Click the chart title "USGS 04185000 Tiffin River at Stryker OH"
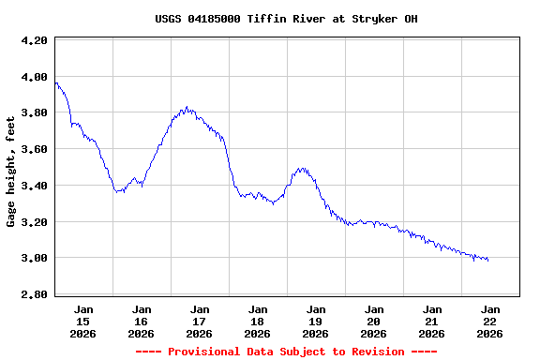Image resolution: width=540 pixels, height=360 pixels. point(274,19)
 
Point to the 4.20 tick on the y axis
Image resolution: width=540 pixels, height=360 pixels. point(34,41)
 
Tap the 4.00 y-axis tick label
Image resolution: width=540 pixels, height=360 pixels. point(34,77)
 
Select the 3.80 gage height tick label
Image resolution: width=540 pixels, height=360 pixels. point(34,113)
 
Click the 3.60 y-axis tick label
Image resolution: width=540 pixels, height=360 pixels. point(34,149)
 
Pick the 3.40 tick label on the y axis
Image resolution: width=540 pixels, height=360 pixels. point(34,186)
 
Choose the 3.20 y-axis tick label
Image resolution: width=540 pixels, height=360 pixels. point(34,222)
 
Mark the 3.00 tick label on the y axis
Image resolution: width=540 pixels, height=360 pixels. point(34,258)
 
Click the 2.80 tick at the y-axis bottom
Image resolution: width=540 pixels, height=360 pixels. point(34,294)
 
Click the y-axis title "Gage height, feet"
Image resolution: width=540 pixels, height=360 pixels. point(11,172)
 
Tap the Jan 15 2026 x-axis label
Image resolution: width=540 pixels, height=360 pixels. point(83,321)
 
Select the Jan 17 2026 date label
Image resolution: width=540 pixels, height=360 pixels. point(199,321)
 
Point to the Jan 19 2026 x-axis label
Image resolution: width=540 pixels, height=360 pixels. point(315,321)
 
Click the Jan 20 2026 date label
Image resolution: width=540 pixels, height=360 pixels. point(373,321)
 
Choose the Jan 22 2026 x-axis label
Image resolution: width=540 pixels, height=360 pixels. point(489,321)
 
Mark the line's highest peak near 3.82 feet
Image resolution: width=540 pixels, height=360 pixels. point(187,108)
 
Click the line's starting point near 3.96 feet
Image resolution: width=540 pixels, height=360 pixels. point(56,83)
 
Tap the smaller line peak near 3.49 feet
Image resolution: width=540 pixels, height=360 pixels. point(301,169)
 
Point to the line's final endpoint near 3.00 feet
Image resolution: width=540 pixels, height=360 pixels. point(487,260)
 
